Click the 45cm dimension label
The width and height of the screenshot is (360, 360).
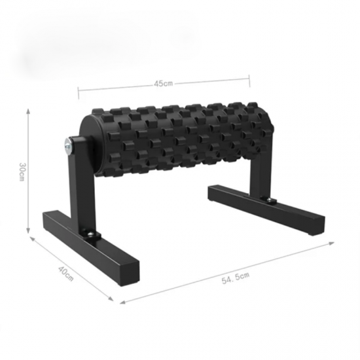163,84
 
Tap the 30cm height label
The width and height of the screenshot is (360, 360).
22,171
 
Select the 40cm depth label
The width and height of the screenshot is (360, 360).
66,274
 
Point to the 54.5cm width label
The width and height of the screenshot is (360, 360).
236,278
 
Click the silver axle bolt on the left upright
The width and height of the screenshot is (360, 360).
67,145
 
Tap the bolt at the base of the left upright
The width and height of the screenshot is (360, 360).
91,234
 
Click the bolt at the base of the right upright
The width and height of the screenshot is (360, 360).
270,200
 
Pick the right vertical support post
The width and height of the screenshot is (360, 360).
261,175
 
